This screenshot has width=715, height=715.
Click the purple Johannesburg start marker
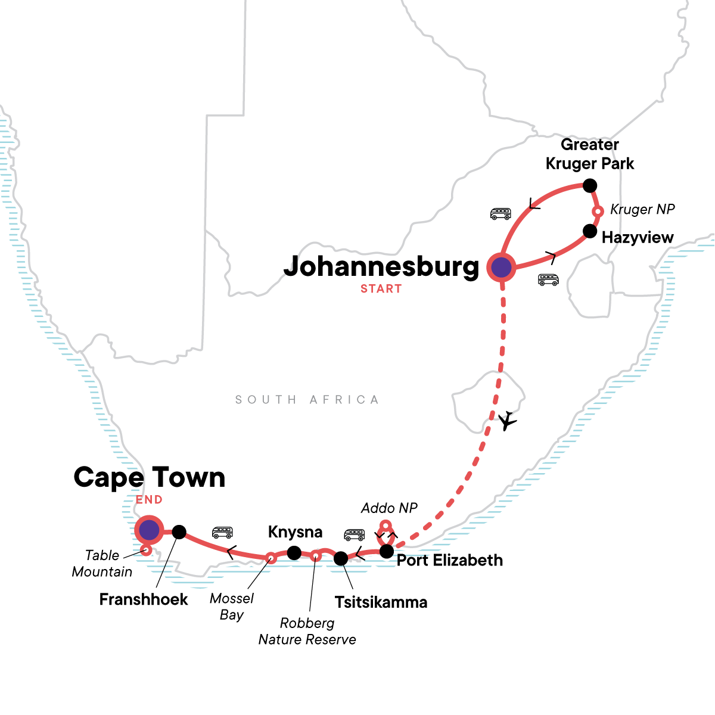click(502, 268)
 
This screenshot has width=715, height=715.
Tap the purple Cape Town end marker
click(148, 529)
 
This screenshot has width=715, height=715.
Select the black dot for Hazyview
click(589, 231)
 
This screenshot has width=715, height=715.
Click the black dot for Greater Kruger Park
click(589, 186)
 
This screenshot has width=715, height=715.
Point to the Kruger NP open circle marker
click(598, 212)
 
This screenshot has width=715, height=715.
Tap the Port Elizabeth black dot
click(387, 551)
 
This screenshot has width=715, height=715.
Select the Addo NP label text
click(389, 508)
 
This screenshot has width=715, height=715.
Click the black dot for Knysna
click(294, 553)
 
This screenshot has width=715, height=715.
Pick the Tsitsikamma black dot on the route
click(340, 558)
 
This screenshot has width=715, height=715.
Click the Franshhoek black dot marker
click(179, 532)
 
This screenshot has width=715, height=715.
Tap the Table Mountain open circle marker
click(145, 551)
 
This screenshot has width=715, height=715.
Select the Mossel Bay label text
click(232, 607)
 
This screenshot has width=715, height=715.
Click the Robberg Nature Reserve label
click(307, 631)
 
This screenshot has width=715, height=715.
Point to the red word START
click(381, 289)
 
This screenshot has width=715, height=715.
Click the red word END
click(149, 500)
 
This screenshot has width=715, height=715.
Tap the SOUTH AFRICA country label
click(307, 400)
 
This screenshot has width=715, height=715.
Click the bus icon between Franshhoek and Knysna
click(222, 532)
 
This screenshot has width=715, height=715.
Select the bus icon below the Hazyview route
click(548, 279)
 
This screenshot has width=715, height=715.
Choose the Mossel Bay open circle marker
click(270, 558)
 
